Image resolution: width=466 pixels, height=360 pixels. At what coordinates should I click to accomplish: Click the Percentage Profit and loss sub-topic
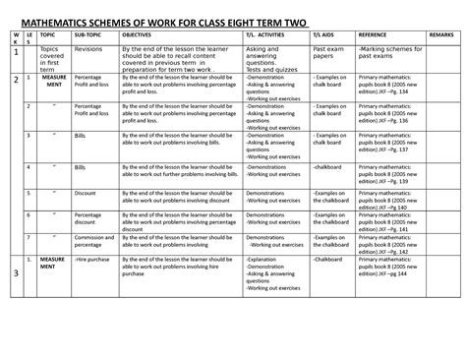pyautogui.click(x=94, y=107)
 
